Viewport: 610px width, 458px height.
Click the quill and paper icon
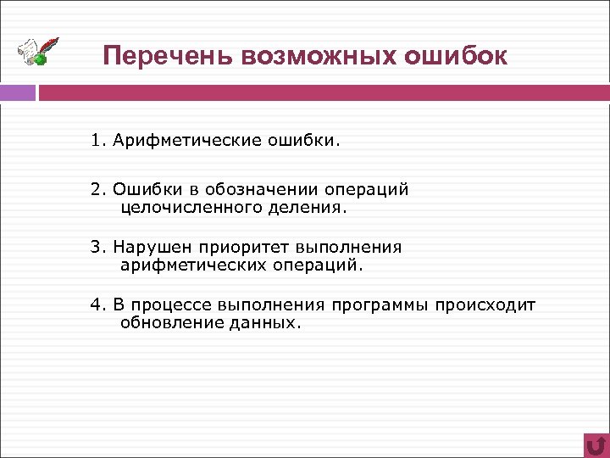click(39, 52)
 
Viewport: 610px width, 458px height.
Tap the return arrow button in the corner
click(596, 444)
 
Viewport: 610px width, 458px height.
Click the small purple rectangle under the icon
click(18, 92)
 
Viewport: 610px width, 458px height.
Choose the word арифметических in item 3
click(187, 265)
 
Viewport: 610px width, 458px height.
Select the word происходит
click(486, 305)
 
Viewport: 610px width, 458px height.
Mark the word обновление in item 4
click(169, 322)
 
